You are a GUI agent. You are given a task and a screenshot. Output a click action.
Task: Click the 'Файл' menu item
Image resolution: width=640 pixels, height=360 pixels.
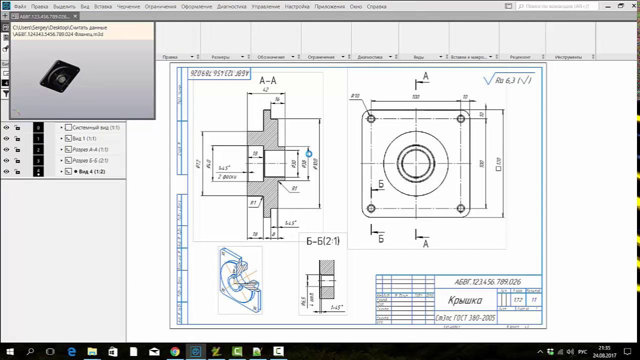pos(20,6)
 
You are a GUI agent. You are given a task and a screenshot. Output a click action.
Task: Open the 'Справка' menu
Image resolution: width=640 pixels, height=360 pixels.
pos(376,6)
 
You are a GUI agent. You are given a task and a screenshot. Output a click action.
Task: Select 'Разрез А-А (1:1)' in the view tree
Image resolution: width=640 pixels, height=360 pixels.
pos(90,149)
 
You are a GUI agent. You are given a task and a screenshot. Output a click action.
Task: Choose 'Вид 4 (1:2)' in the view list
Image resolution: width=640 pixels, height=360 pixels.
pos(88,171)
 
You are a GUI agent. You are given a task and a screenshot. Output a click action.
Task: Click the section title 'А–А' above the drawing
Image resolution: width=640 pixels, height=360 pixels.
pos(268,80)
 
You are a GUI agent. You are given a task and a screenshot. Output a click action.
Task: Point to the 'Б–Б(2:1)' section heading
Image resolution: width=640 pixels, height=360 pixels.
pos(322,241)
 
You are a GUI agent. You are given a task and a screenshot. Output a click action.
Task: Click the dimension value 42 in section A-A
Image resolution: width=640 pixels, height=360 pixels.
pos(265,89)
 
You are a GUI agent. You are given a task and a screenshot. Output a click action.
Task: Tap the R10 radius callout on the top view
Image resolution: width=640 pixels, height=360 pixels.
pos(355,96)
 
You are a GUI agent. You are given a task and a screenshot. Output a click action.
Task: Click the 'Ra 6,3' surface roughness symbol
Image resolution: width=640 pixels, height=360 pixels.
pos(507,80)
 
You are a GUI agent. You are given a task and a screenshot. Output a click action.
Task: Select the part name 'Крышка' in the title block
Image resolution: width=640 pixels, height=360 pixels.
pos(465,300)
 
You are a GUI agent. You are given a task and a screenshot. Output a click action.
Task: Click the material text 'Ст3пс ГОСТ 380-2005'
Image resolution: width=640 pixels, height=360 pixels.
pos(465,318)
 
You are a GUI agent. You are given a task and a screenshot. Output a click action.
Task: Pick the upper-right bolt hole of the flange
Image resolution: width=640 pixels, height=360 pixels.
pos(460,119)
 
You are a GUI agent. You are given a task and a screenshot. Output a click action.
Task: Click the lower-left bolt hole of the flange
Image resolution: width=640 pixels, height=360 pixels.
pos(371,208)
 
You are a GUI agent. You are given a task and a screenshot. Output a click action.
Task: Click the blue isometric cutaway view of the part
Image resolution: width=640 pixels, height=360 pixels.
pos(239,280)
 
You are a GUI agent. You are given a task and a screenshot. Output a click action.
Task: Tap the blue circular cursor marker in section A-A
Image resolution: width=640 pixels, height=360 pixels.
pos(308,154)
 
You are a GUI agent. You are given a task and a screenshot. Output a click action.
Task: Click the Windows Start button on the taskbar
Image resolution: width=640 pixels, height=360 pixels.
pos(9,351)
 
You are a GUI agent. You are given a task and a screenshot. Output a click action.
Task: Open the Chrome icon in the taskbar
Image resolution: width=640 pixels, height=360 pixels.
pos(174,351)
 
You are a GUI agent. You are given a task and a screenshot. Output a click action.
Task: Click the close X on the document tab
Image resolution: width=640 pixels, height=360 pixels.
pos(75,16)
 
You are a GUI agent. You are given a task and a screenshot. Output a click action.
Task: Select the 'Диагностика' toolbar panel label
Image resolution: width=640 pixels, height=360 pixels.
pos(369,57)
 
